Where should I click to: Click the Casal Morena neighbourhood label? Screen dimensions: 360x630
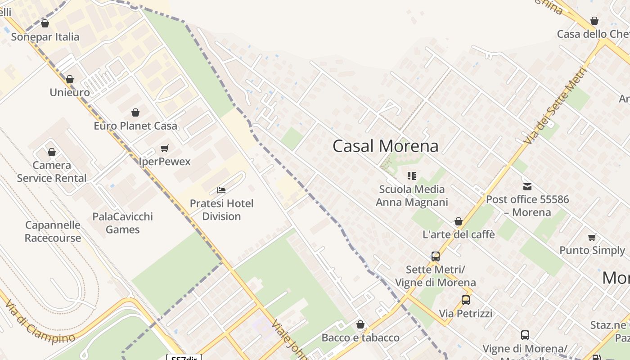click(x=385, y=146)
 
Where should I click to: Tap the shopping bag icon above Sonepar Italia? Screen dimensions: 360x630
click(x=45, y=23)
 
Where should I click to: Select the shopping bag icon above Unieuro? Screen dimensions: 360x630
click(x=70, y=80)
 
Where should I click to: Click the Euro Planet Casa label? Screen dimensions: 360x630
click(x=135, y=126)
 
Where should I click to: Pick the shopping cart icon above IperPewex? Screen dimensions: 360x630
click(x=165, y=148)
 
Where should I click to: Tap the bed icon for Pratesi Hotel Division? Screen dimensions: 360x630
click(x=221, y=190)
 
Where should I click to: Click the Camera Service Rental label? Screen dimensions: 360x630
click(x=52, y=171)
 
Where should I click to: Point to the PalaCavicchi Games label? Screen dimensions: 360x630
click(x=122, y=223)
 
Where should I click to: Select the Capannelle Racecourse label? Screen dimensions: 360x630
click(x=53, y=231)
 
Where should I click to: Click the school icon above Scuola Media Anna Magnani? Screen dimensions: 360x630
click(x=412, y=175)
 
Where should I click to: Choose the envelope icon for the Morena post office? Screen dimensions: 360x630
click(x=527, y=186)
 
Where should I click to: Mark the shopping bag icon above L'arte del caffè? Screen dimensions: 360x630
click(x=459, y=221)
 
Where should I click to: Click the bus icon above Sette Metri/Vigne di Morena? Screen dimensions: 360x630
click(x=436, y=256)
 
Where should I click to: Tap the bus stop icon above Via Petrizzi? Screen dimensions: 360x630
click(x=466, y=300)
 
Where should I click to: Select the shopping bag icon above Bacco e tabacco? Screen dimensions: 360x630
click(x=360, y=324)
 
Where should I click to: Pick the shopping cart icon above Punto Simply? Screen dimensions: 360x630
click(x=592, y=237)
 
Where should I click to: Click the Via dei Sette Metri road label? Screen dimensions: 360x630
click(x=556, y=106)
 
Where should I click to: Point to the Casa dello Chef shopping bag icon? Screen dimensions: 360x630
click(x=594, y=21)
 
